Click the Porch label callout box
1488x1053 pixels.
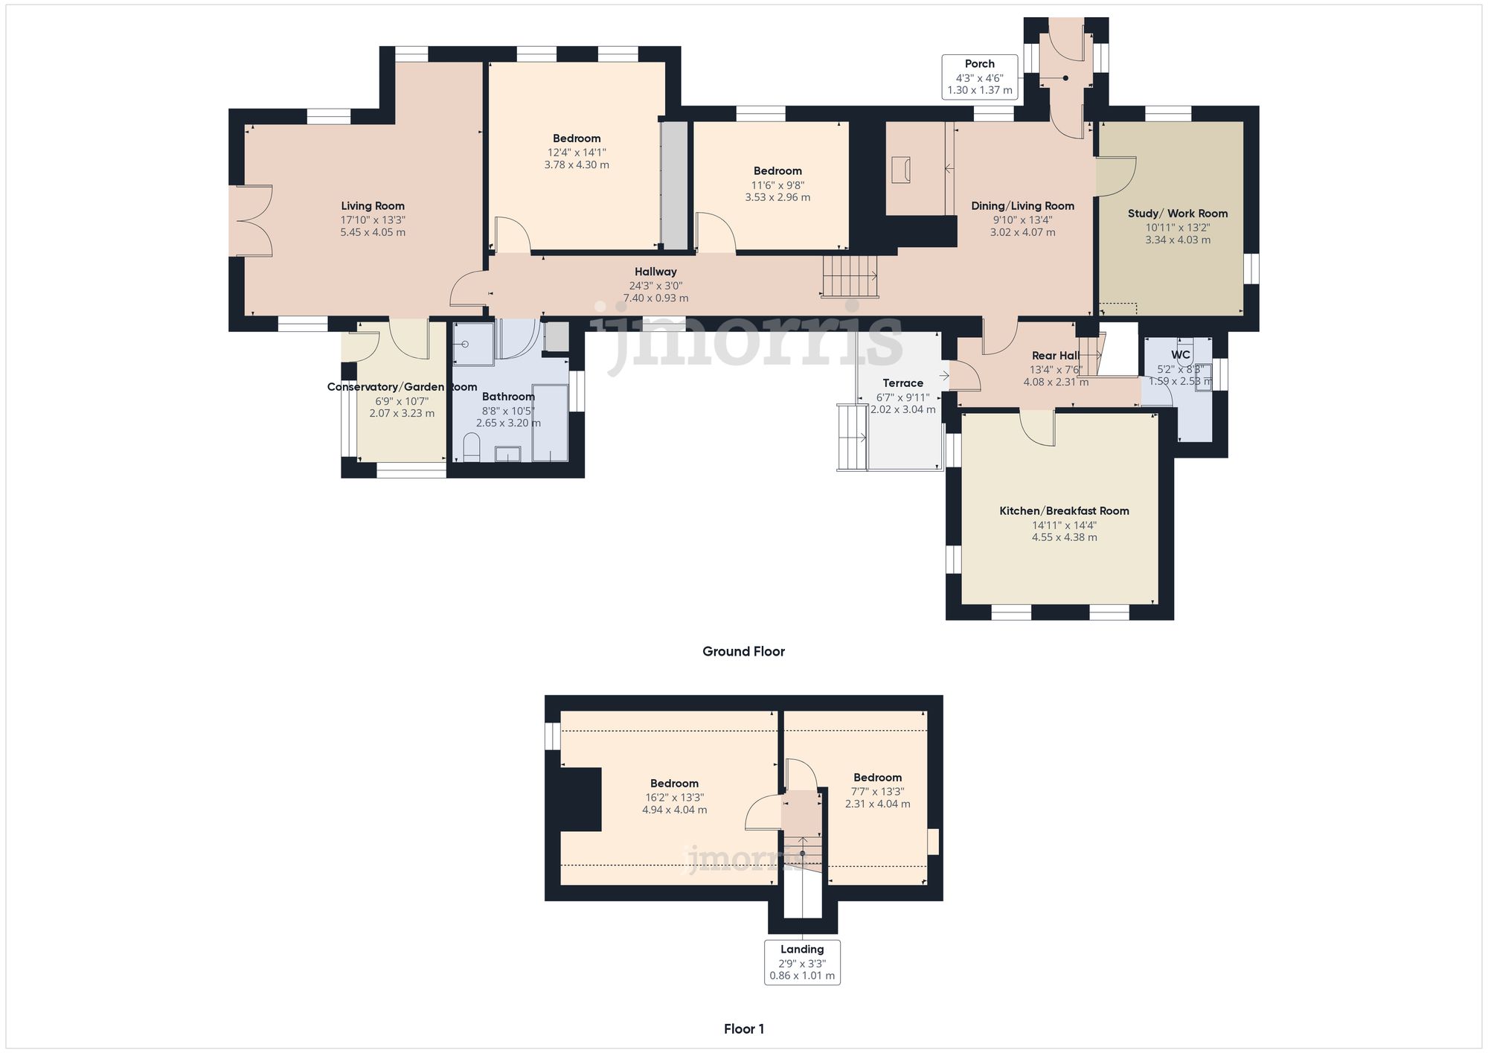pyautogui.click(x=979, y=77)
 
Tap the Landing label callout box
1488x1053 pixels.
pyautogui.click(x=802, y=962)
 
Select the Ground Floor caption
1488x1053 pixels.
pyautogui.click(x=743, y=651)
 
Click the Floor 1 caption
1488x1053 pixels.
pyautogui.click(x=743, y=1028)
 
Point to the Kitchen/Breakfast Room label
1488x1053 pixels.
pyautogui.click(x=1064, y=511)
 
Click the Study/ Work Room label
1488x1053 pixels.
pyautogui.click(x=1178, y=214)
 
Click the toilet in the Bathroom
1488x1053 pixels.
pyautogui.click(x=472, y=447)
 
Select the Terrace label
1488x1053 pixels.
pyautogui.click(x=902, y=383)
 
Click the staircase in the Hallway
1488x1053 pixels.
pyautogui.click(x=850, y=275)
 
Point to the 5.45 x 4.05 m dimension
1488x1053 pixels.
pyautogui.click(x=373, y=232)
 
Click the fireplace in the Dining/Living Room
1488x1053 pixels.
pyautogui.click(x=901, y=170)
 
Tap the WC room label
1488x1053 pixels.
pyautogui.click(x=1181, y=355)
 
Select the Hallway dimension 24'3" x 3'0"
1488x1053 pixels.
pyautogui.click(x=655, y=286)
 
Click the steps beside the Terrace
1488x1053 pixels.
pyautogui.click(x=853, y=438)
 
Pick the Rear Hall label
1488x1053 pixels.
pyautogui.click(x=1055, y=356)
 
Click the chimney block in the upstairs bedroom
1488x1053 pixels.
pyautogui.click(x=580, y=799)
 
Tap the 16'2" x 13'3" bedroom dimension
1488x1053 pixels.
pyautogui.click(x=674, y=797)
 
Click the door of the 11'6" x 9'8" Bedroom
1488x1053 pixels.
pyautogui.click(x=715, y=233)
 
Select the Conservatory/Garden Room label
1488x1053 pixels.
pyautogui.click(x=402, y=387)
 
